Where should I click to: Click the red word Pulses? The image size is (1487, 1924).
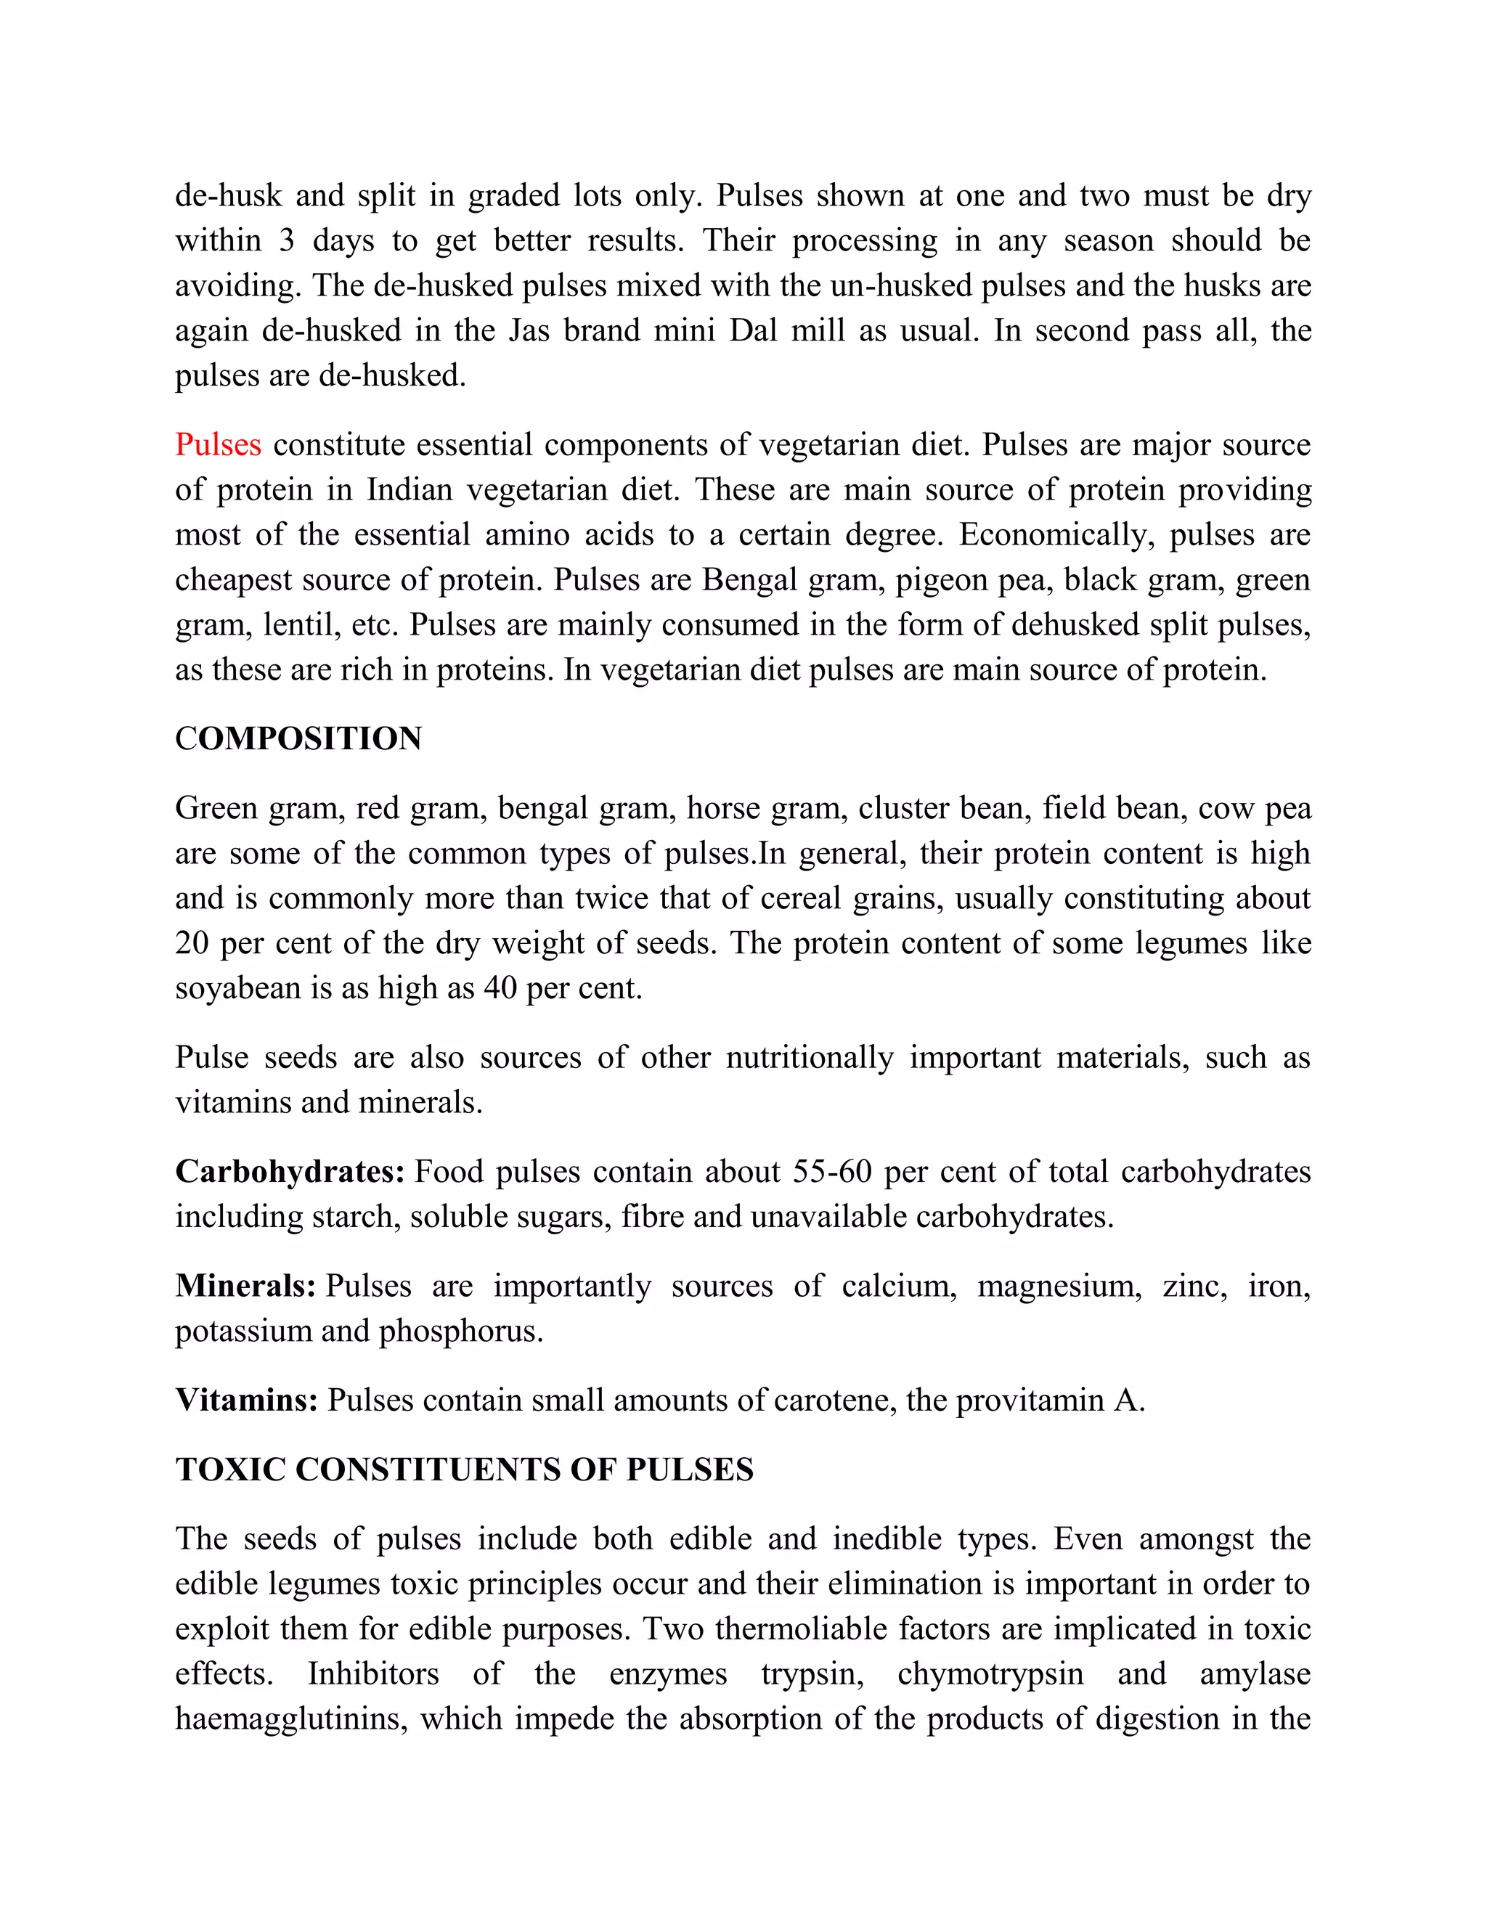point(218,445)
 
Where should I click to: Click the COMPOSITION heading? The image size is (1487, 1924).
point(298,738)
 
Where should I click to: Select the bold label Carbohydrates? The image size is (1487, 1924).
point(289,1172)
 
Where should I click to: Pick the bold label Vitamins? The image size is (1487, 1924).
point(246,1400)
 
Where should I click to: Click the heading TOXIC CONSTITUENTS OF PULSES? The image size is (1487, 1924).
point(464,1470)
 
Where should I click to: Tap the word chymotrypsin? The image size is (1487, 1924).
point(990,1674)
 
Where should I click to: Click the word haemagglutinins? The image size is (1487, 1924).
point(290,1719)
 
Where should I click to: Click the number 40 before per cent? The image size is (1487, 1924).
point(500,988)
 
